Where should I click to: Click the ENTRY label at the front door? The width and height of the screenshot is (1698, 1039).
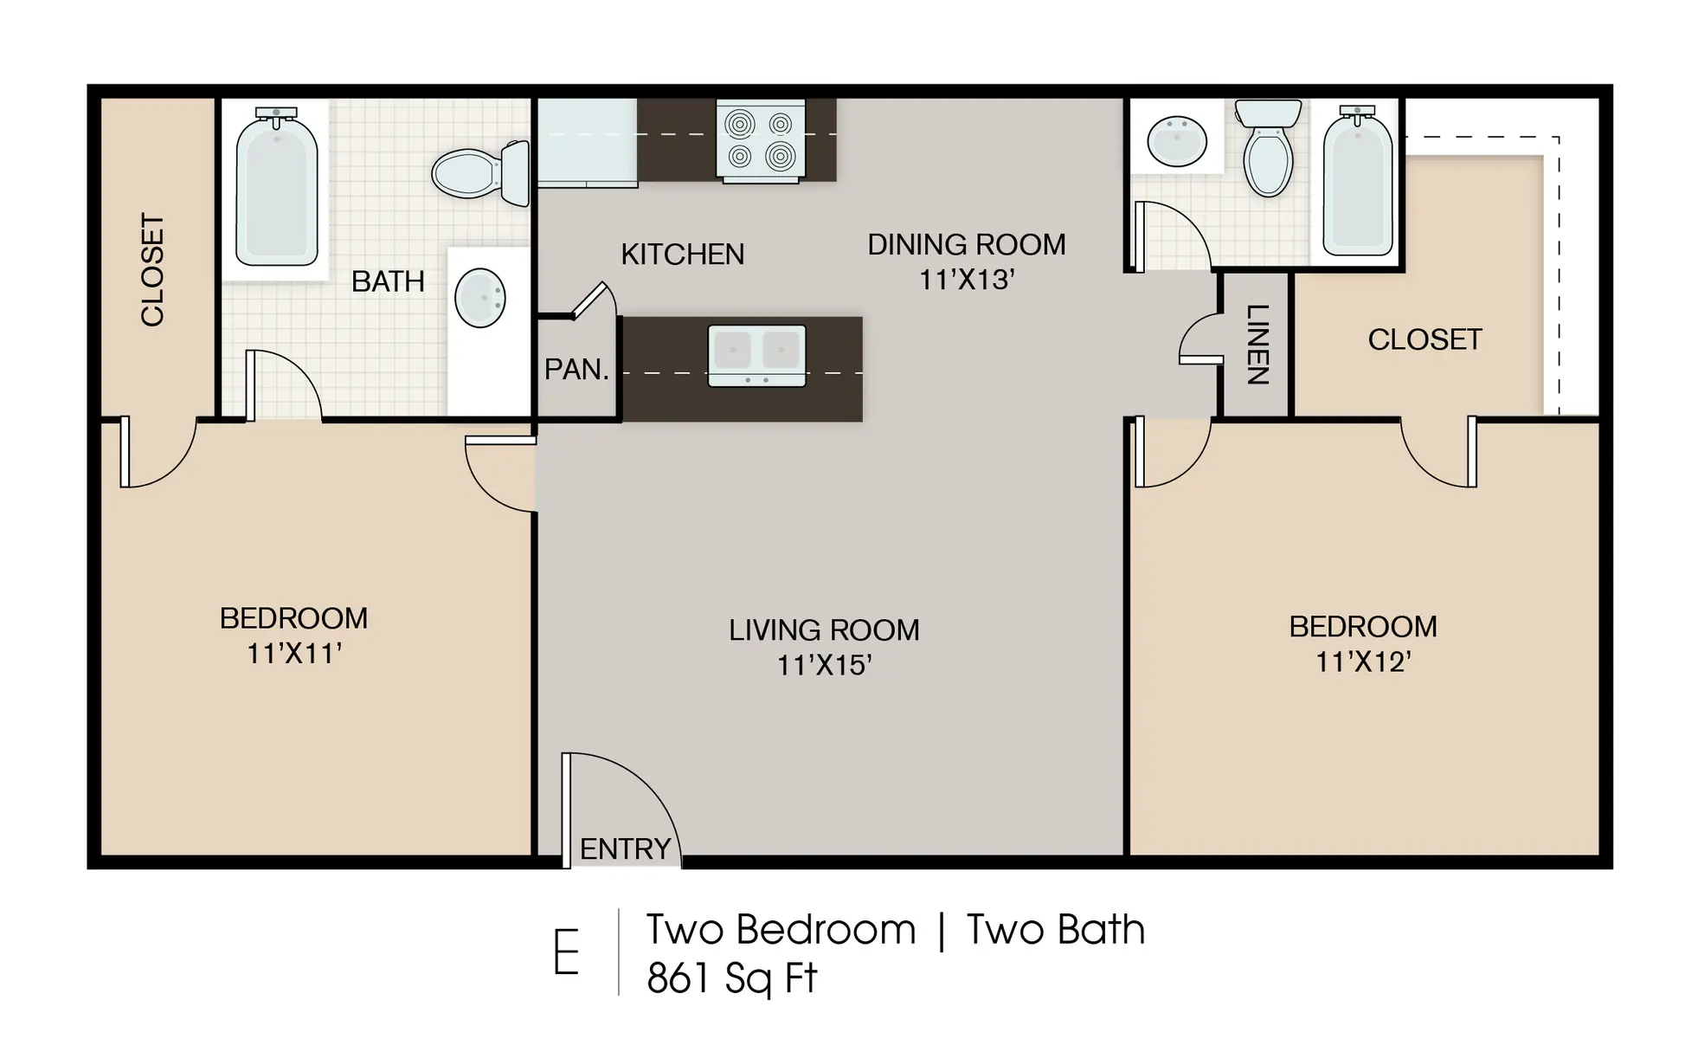tap(625, 849)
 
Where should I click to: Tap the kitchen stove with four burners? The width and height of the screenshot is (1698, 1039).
tap(760, 140)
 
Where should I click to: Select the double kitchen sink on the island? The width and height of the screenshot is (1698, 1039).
tap(756, 355)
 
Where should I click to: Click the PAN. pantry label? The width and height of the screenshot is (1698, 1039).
tap(576, 370)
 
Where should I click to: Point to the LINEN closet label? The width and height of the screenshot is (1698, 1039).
tap(1256, 345)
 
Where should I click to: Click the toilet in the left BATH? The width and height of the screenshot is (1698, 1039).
tap(480, 173)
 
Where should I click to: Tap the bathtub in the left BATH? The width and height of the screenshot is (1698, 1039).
tap(276, 189)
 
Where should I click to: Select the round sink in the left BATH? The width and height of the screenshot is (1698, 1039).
tap(479, 298)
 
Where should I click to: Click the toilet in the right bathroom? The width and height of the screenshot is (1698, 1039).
tap(1268, 152)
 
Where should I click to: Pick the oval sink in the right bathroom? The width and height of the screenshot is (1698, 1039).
tap(1176, 141)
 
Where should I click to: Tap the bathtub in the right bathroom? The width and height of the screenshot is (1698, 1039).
tap(1357, 184)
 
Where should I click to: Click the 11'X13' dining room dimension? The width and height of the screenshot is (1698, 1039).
tap(966, 280)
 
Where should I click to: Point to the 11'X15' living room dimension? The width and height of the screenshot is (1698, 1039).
tap(823, 665)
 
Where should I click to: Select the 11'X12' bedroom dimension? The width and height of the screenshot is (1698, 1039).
tap(1363, 661)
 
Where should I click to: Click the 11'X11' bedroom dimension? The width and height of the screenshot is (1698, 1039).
tap(294, 653)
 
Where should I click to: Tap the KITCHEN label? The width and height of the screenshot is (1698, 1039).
tap(682, 254)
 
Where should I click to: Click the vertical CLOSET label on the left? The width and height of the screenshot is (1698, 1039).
tap(152, 269)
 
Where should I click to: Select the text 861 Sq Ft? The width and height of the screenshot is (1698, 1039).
tap(731, 978)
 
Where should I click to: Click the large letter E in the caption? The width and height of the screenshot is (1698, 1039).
tap(566, 952)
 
